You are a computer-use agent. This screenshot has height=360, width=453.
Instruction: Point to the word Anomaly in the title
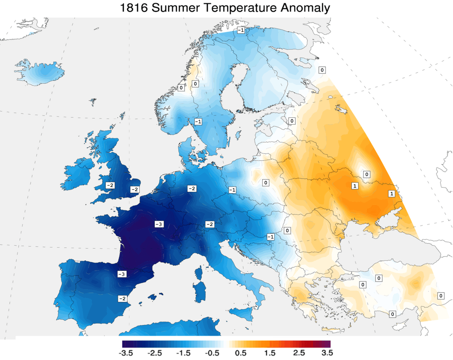coord(304,8)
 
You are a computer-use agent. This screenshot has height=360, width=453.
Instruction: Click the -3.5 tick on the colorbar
coord(127,353)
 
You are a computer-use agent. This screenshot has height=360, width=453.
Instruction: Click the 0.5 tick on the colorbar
coord(240,353)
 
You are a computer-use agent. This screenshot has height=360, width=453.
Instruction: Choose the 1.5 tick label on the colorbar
coord(269,353)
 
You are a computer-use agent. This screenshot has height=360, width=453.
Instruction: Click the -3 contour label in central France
coord(159,224)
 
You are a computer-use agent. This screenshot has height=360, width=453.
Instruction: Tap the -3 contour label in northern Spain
coord(122,274)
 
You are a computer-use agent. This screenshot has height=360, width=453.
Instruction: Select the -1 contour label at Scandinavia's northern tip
coord(241,30)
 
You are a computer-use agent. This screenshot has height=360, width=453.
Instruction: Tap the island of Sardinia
coord(201,292)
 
